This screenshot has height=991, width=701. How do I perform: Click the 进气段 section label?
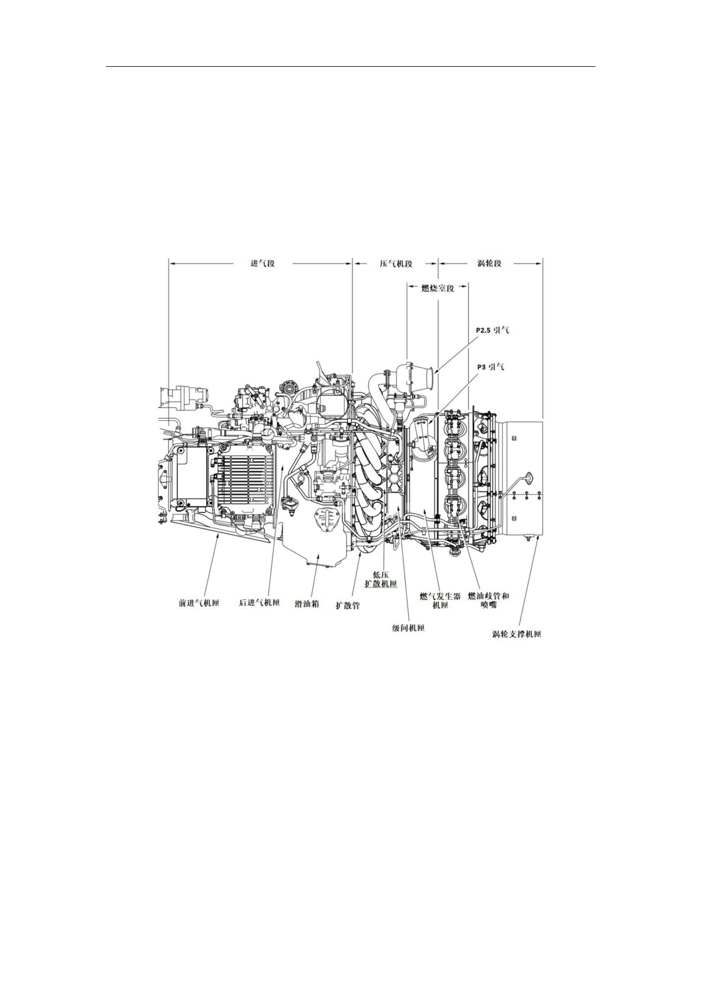pos(263,263)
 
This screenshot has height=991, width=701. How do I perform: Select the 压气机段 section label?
pos(395,264)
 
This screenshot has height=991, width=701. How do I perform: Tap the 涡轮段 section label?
pos(489,263)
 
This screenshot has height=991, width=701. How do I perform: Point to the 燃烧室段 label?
pos(438,288)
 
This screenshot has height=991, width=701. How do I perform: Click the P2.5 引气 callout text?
pos(492,330)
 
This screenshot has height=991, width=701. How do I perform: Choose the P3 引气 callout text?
pos(491,367)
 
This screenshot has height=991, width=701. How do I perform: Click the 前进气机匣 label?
pos(199,603)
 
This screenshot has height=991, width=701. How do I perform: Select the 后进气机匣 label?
pos(260,603)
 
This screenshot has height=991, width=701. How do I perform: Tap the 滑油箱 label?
pos(307,604)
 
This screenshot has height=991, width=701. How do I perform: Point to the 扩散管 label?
pos(347,606)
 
